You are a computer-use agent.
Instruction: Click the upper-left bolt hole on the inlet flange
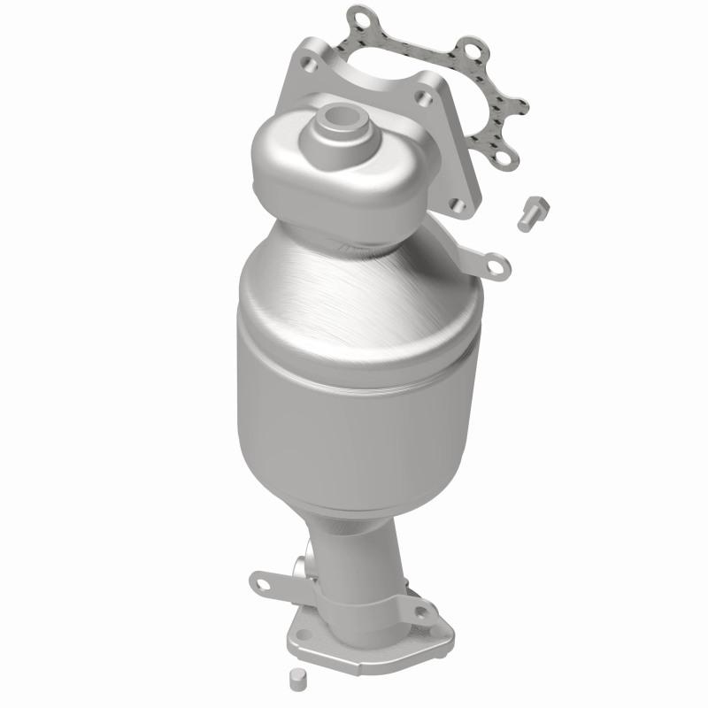pyautogui.click(x=309, y=61)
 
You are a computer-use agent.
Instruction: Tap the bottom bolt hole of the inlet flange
pyautogui.click(x=457, y=205)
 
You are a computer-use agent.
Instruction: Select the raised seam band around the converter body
pyautogui.click(x=354, y=341)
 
